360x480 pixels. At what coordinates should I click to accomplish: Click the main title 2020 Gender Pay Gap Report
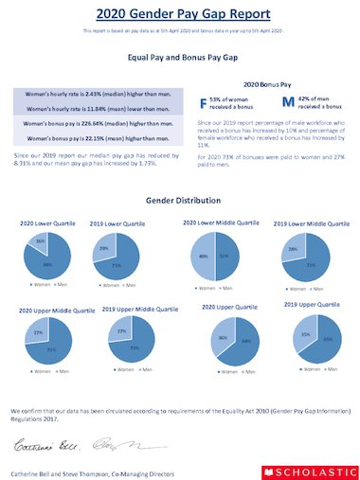179,14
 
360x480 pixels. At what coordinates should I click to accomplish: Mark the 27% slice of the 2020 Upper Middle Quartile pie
39,333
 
